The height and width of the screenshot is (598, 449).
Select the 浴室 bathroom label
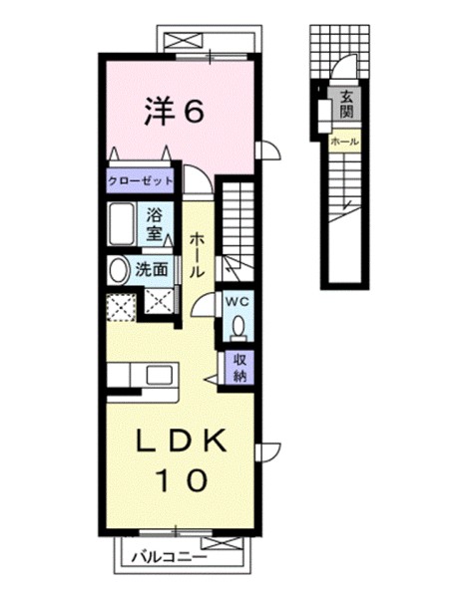click(156, 223)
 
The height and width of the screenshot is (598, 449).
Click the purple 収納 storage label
click(240, 368)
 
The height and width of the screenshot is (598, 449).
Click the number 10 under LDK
click(181, 480)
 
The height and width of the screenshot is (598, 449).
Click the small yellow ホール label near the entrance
click(345, 144)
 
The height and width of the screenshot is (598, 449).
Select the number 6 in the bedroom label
click(194, 112)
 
